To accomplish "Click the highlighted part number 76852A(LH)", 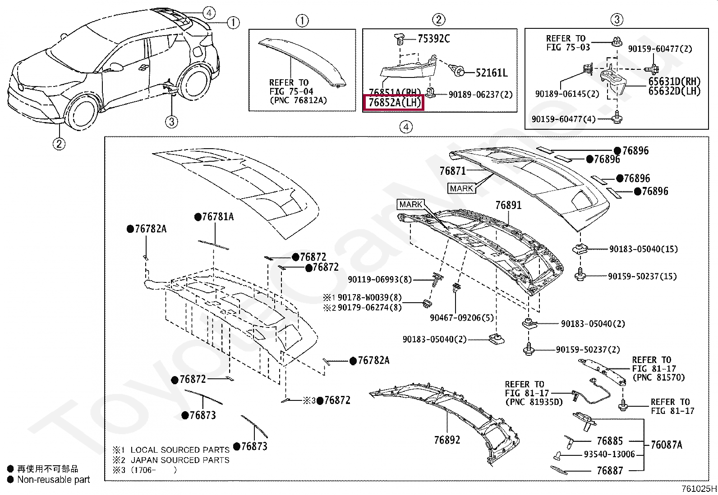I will pyautogui.click(x=394, y=103).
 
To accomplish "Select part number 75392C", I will pyautogui.click(x=433, y=39).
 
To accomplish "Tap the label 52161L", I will pyautogui.click(x=492, y=73).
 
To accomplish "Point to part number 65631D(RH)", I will pyautogui.click(x=674, y=82).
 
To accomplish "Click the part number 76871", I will pyautogui.click(x=452, y=171).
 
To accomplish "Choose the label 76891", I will pyautogui.click(x=508, y=205).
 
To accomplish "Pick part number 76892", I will pyautogui.click(x=447, y=440).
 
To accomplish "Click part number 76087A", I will pyautogui.click(x=667, y=445).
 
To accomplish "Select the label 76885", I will pyautogui.click(x=609, y=441).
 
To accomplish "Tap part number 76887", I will pyautogui.click(x=609, y=471).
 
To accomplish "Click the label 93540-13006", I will pyautogui.click(x=609, y=454).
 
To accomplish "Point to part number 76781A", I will pyautogui.click(x=217, y=217).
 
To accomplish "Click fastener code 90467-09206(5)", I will pyautogui.click(x=461, y=318).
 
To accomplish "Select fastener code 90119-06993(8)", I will pyautogui.click(x=379, y=280).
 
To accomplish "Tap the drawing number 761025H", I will pyautogui.click(x=699, y=489).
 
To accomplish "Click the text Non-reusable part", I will pyautogui.click(x=53, y=480).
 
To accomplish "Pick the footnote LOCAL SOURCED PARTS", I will pyautogui.click(x=179, y=450).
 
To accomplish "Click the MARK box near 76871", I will pyautogui.click(x=461, y=189).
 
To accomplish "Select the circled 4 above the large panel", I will pyautogui.click(x=406, y=127).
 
